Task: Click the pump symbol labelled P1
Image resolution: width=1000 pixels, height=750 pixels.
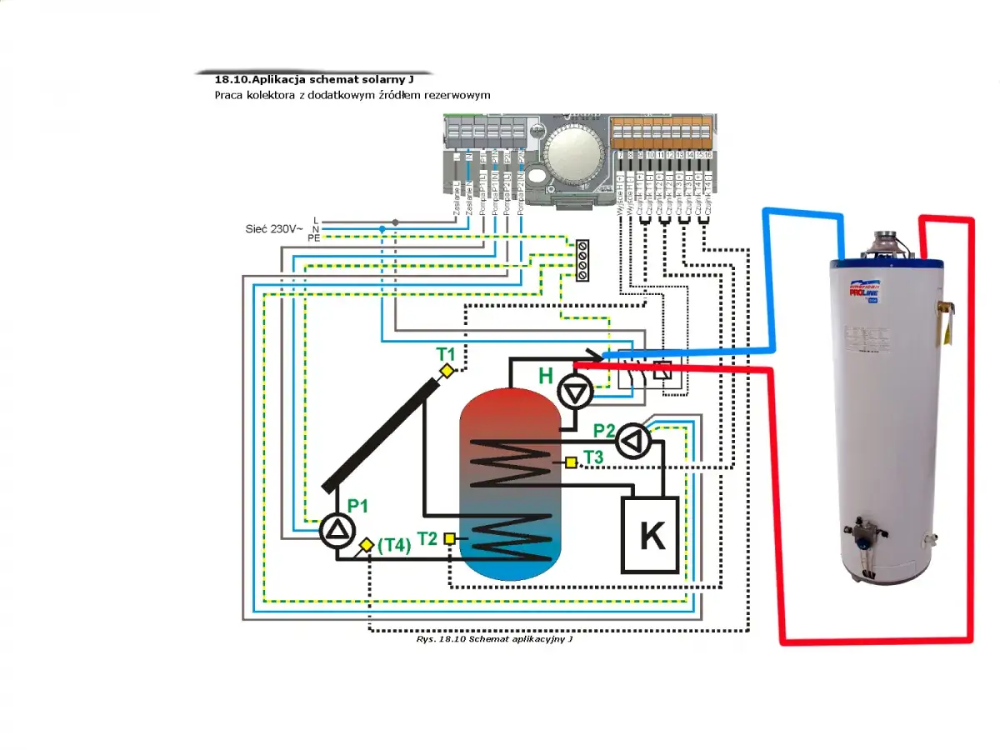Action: [x=337, y=531]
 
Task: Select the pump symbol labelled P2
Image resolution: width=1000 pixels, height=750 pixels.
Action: [x=634, y=441]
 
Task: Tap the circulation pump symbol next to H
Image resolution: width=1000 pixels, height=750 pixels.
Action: [x=575, y=392]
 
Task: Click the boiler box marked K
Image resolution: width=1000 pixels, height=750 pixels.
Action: [x=651, y=535]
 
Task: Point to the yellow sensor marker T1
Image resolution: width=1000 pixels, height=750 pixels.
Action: [x=447, y=371]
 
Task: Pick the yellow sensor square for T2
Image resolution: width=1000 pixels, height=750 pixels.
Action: [x=450, y=538]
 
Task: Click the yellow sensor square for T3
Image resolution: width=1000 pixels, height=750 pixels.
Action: [x=571, y=462]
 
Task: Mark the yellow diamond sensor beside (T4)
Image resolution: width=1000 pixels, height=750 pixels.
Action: [x=366, y=545]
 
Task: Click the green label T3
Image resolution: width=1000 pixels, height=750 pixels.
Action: [x=593, y=457]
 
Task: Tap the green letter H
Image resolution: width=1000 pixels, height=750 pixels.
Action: [x=546, y=376]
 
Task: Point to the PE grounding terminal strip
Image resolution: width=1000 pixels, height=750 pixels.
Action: [x=582, y=259]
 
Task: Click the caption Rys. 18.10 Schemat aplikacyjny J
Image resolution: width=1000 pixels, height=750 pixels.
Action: [x=495, y=640]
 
